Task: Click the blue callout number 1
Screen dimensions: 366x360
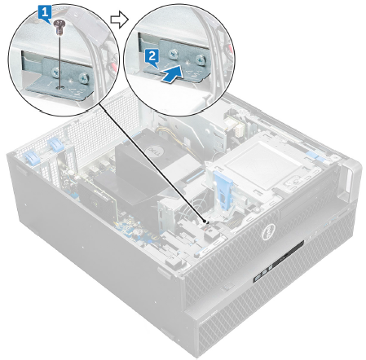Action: click(45, 14)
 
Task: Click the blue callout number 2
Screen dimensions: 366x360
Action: click(152, 58)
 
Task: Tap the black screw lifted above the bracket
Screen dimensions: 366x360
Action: click(58, 27)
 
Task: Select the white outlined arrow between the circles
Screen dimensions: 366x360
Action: click(119, 20)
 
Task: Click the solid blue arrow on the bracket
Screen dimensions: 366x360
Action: click(170, 75)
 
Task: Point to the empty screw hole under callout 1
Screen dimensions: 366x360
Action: click(60, 87)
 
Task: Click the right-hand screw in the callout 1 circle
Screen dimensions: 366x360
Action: click(83, 78)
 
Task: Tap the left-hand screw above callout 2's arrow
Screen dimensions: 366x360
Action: click(173, 55)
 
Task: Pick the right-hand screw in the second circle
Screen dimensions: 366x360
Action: click(200, 60)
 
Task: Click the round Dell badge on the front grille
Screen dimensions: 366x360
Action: click(270, 232)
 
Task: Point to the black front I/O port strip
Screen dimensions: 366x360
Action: click(278, 262)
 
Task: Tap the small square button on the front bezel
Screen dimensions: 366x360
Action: click(228, 286)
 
